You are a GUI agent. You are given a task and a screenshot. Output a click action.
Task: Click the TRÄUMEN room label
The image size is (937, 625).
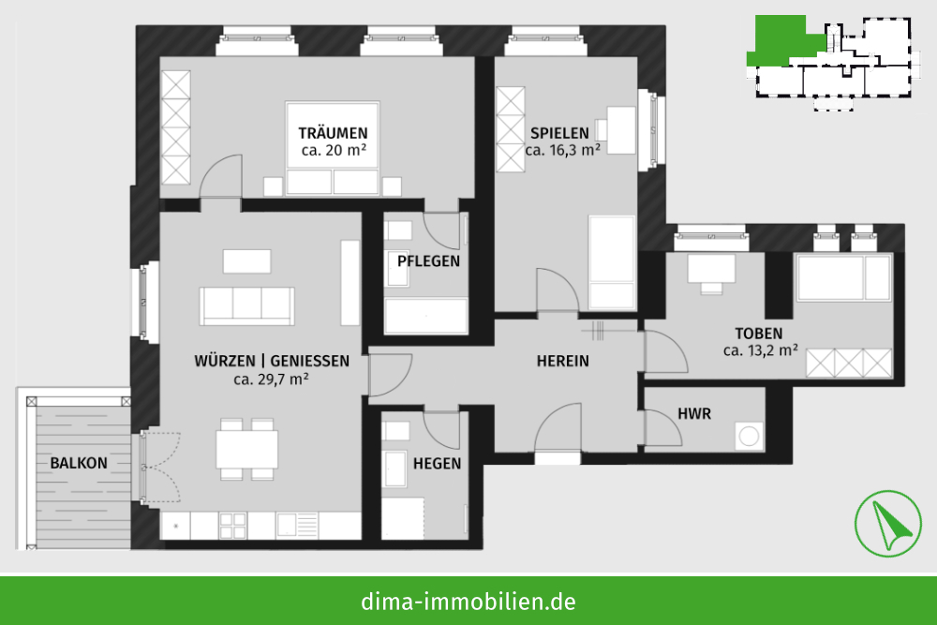[333, 133]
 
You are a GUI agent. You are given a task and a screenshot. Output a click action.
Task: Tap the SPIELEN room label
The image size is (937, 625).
[560, 133]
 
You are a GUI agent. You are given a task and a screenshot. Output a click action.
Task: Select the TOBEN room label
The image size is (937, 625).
[758, 334]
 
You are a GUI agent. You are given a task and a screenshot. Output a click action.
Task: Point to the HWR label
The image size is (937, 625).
[694, 413]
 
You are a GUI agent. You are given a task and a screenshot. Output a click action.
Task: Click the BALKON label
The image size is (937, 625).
[79, 463]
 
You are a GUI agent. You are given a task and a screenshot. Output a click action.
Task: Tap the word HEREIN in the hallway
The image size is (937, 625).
[563, 361]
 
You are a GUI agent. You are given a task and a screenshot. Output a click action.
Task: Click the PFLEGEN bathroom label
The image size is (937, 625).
[428, 261]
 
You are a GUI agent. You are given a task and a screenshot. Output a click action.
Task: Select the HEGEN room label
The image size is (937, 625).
[437, 464]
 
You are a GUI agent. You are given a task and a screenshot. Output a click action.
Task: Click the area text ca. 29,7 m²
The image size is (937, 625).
[272, 379]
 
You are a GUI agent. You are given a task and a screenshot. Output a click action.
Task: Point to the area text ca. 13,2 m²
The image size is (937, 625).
[760, 350]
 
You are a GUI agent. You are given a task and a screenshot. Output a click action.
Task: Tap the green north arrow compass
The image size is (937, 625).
[888, 524]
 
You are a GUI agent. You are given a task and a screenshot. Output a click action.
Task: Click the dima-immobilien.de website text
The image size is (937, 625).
[468, 601]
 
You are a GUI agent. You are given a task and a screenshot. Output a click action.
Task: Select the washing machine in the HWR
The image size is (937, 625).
[749, 436]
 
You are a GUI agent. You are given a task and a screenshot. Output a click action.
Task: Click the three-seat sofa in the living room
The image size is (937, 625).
[246, 305]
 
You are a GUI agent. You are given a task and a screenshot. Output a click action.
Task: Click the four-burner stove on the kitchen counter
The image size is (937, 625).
[232, 526]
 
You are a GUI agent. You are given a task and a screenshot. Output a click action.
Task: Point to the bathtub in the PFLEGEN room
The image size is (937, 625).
[425, 316]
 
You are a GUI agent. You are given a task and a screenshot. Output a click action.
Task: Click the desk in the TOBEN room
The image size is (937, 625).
[711, 268]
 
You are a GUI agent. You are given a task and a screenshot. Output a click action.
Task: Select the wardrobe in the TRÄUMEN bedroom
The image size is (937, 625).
[176, 127]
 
